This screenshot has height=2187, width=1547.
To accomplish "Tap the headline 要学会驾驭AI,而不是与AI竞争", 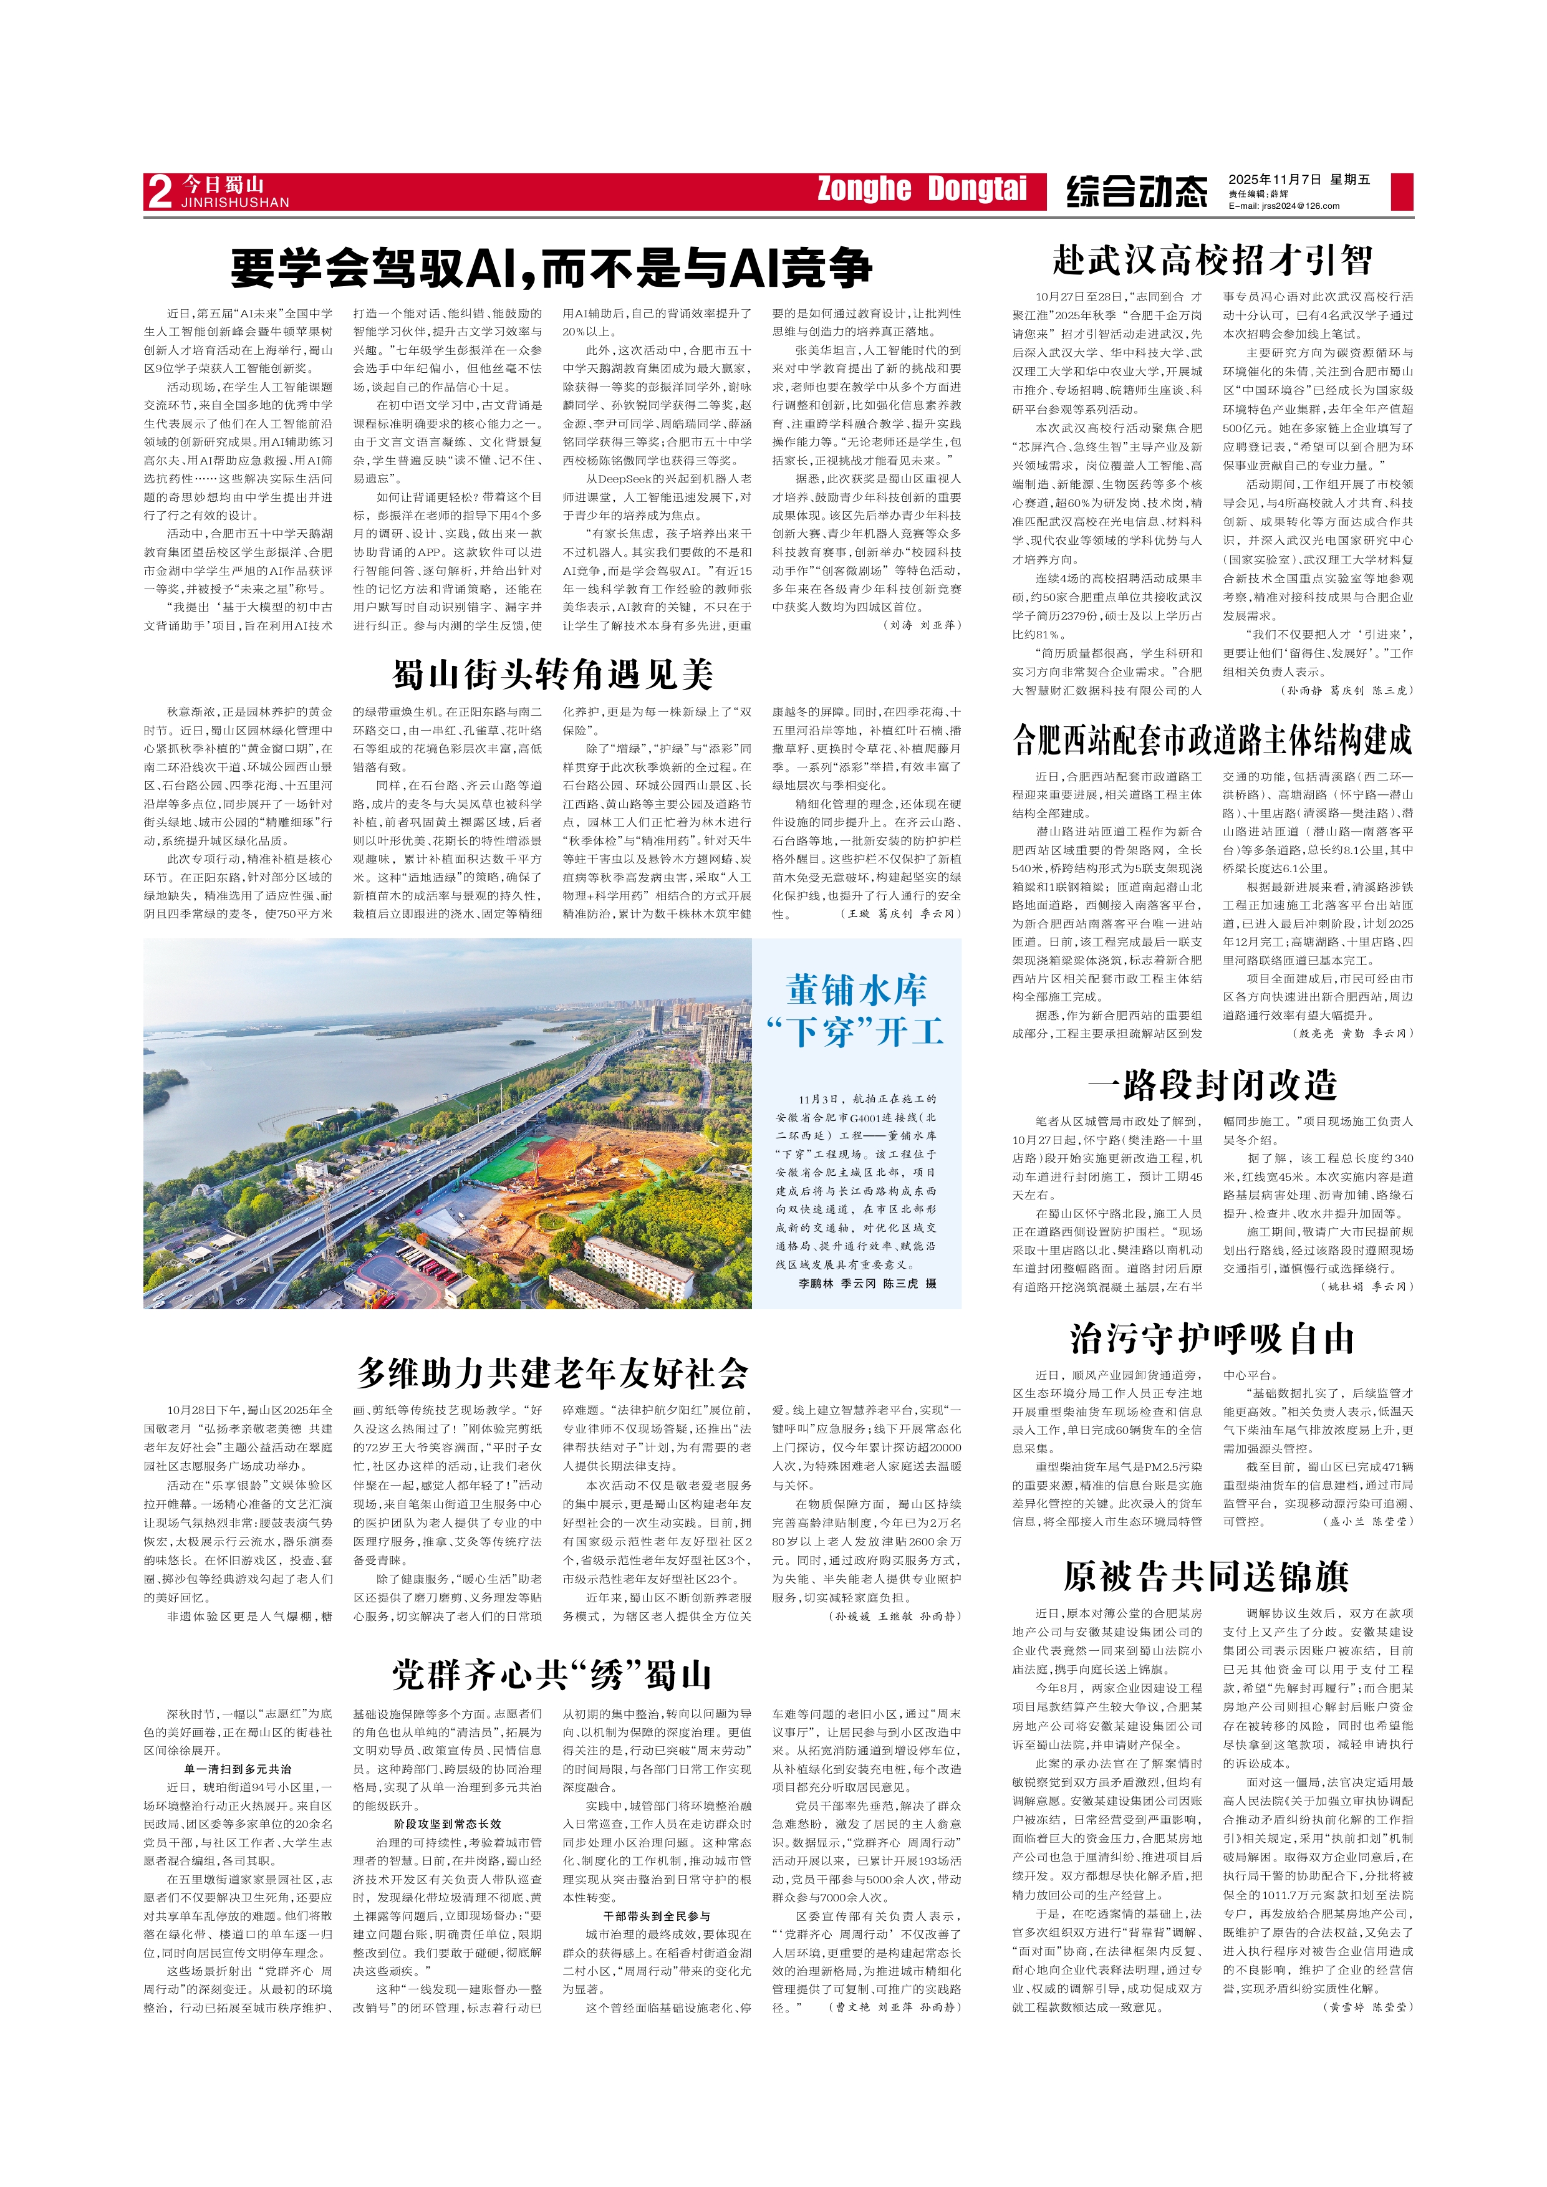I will (x=552, y=267).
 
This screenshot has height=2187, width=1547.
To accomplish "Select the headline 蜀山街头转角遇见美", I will (x=552, y=675).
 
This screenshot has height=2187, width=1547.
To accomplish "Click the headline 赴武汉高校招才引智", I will (x=1212, y=259).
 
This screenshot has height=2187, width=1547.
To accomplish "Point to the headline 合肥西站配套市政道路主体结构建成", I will (x=1212, y=739).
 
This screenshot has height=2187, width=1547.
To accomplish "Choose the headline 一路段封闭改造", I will (x=1212, y=1084).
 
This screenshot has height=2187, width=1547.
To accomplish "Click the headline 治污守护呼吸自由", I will (x=1212, y=1339).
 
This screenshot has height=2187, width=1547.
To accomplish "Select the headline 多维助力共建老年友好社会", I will (x=552, y=1373).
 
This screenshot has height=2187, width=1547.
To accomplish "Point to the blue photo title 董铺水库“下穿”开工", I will (x=855, y=1010).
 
